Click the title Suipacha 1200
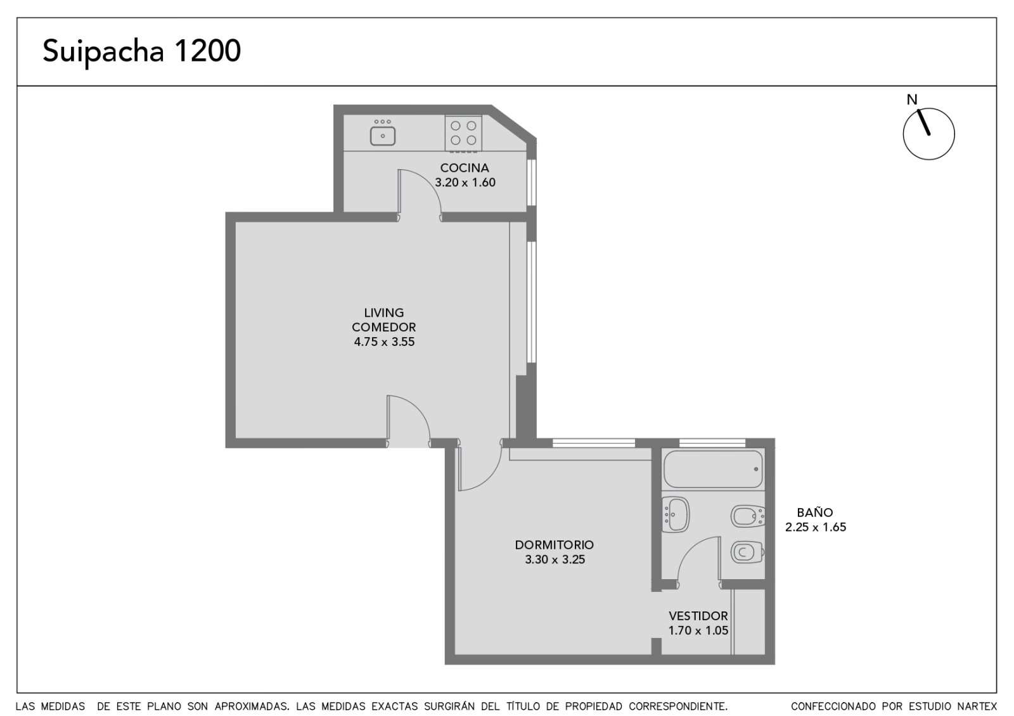tap(142, 51)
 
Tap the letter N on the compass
tap(912, 99)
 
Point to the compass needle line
tap(923, 122)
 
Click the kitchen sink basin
tap(383, 136)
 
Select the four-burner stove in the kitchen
tap(463, 133)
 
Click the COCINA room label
tap(465, 168)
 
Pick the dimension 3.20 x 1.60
tap(465, 182)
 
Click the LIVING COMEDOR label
tap(384, 319)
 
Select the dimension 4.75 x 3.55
tap(384, 342)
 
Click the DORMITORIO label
tap(554, 545)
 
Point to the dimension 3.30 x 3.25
tap(555, 559)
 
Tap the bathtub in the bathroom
tap(713, 469)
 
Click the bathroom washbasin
tap(675, 515)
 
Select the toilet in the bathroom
tap(747, 552)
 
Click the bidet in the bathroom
tap(748, 516)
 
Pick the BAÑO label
tap(815, 513)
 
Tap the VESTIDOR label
tap(698, 616)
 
